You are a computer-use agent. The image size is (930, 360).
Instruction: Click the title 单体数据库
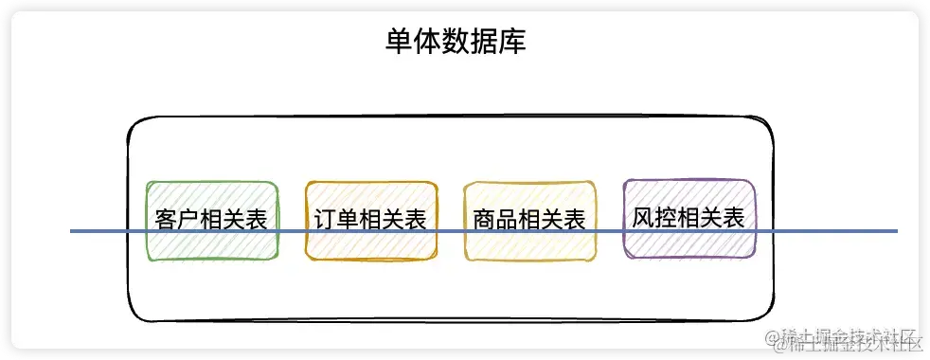456,44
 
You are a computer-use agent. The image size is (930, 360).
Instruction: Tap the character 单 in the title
399,44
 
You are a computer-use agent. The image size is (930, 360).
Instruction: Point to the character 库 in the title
512,44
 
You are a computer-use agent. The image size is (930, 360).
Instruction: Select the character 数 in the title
456,44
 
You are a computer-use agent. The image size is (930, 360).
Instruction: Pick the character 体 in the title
427,44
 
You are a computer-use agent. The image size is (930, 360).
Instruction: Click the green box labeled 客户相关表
212,220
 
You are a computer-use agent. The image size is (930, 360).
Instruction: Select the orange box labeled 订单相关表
371,220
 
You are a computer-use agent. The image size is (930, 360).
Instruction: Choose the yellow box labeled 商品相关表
529,220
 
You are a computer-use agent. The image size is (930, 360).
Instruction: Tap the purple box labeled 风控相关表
689,218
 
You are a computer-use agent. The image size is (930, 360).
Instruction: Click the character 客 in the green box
166,220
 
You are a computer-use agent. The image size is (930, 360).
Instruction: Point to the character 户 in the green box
188,220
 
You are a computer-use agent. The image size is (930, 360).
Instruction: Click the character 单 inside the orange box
348,220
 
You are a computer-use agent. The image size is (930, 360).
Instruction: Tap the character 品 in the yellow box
507,220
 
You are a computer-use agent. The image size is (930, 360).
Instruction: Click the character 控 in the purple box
666,217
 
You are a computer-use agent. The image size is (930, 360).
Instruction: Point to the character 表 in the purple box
734,217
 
